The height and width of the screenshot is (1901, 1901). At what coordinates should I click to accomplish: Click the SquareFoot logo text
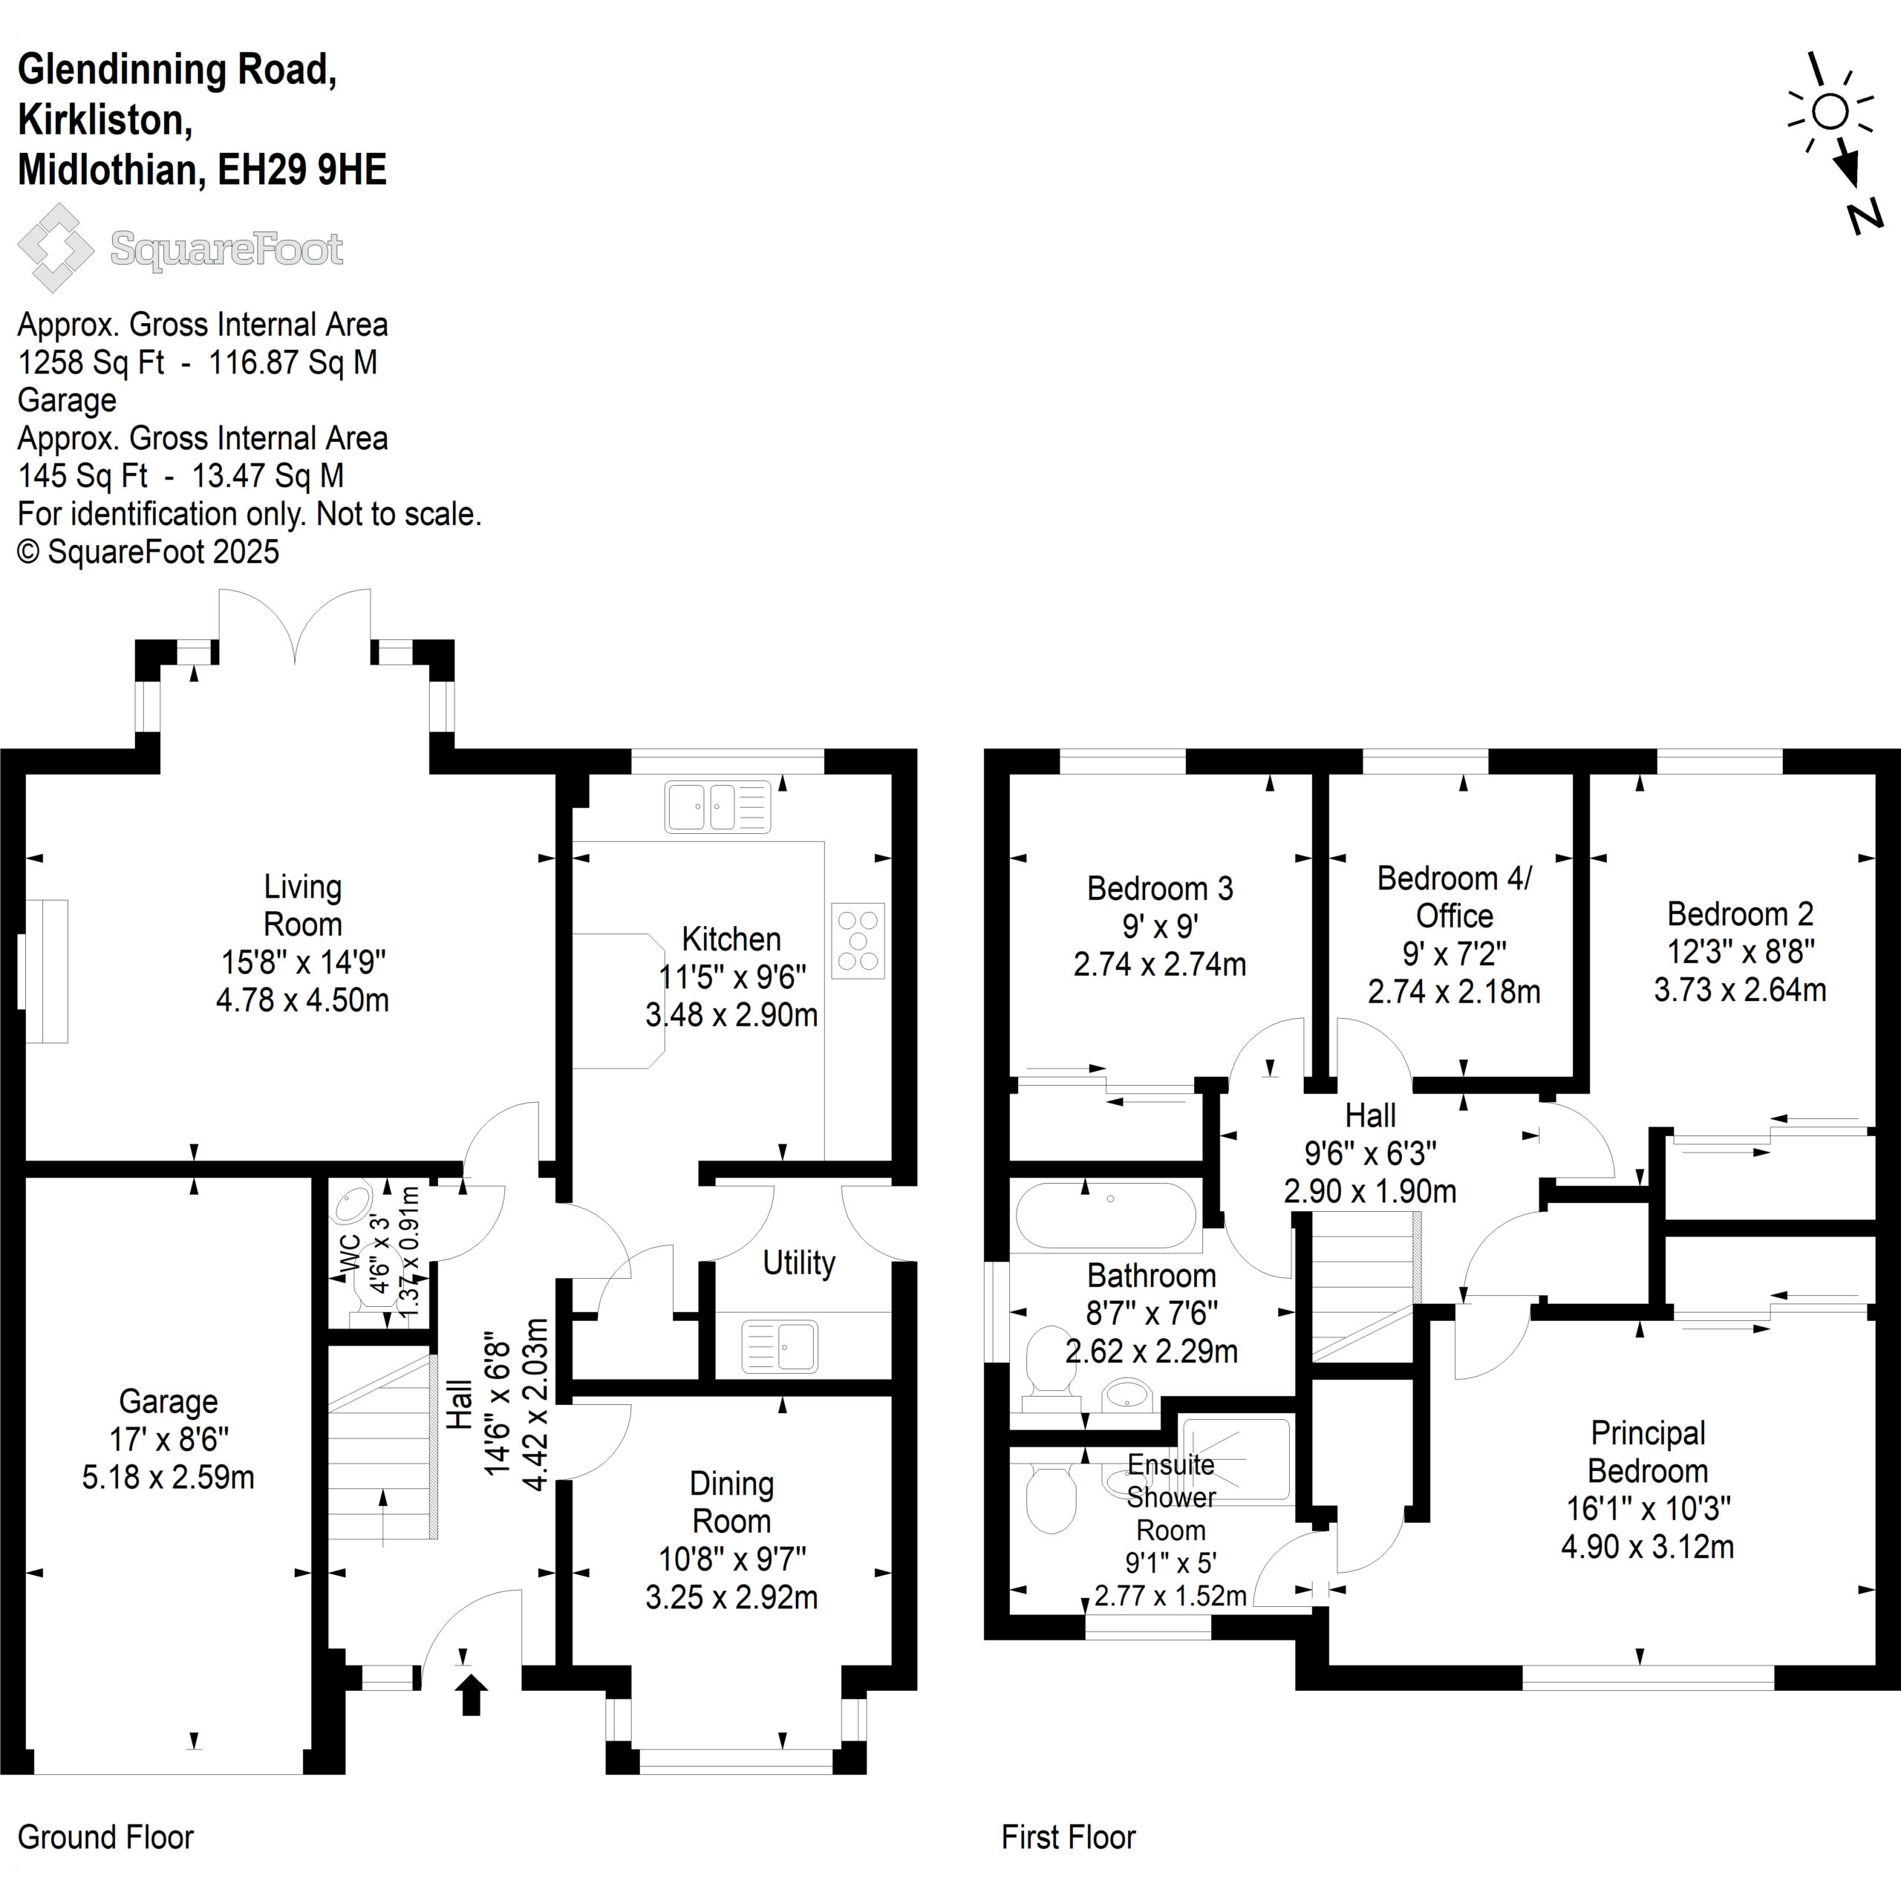point(226,249)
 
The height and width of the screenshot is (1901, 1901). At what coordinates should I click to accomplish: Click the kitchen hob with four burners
point(858,941)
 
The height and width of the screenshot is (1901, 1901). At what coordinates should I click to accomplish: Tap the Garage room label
point(169,1401)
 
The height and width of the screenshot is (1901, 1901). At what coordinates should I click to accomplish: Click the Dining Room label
point(731,1501)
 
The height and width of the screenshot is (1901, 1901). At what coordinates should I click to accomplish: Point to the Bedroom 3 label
point(1160,889)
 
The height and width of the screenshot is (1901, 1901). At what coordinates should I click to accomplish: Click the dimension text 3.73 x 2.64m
point(1740,989)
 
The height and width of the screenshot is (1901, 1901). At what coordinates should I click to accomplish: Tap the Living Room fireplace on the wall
point(43,971)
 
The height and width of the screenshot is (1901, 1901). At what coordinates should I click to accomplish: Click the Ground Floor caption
point(106,1837)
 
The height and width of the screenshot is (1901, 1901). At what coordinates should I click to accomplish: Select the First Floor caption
point(1069,1837)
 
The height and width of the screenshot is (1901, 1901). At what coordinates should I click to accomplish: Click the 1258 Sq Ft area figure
point(91,362)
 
